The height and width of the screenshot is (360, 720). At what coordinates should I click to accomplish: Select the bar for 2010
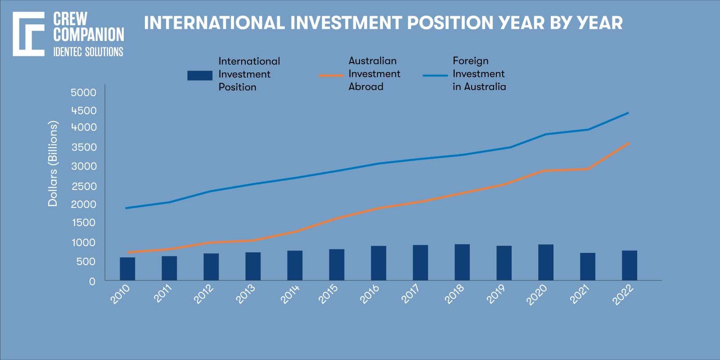127,269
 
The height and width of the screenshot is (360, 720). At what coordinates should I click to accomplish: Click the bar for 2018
462,262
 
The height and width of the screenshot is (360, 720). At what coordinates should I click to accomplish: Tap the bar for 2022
630,265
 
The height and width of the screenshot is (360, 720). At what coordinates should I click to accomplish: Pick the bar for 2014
295,265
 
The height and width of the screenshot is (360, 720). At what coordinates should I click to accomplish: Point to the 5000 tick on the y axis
84,93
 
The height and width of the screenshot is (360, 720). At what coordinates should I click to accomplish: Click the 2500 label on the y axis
84,186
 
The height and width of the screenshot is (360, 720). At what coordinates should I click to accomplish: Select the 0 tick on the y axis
92,281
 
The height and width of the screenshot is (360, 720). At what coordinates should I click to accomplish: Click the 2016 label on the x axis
369,294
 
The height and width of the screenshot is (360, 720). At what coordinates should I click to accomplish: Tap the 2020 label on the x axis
537,294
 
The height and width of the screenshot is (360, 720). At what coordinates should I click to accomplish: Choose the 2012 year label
203,294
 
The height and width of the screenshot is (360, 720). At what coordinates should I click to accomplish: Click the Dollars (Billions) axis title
53,164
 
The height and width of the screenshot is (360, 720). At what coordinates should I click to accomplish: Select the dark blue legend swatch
200,76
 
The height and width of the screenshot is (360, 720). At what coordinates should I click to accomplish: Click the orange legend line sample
331,76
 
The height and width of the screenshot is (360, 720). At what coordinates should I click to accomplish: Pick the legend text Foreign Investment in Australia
479,74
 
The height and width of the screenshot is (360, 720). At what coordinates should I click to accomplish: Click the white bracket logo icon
28,34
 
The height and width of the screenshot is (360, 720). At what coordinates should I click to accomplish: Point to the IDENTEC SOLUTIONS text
88,52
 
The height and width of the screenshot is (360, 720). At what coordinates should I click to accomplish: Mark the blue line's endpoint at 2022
628,113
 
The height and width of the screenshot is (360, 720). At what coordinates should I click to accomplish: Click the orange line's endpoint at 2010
128,252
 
